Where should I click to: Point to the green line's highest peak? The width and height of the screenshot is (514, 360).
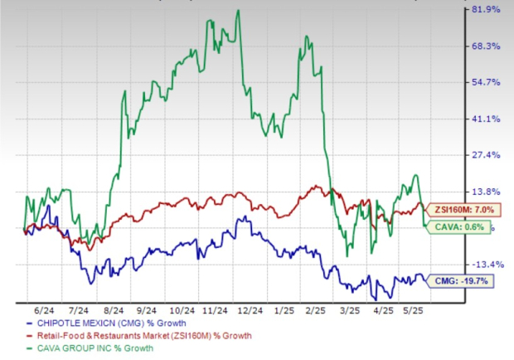tap(239, 11)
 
